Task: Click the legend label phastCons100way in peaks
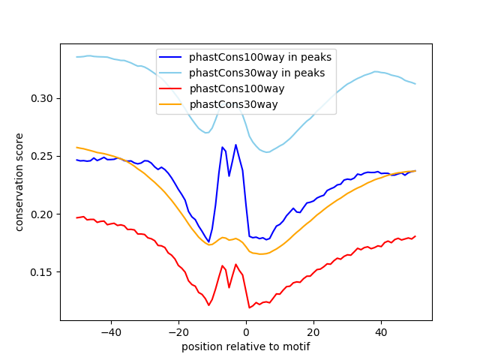259,57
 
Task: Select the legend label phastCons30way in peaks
256,73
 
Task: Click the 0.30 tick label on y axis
43,98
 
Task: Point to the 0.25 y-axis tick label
43,156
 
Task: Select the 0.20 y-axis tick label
43,214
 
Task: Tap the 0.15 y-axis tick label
43,272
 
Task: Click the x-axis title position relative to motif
246,346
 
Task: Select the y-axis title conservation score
19,181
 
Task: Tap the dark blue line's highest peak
235,145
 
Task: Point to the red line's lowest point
249,307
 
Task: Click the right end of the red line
415,236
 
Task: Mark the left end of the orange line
76,147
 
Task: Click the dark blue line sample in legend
172,57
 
